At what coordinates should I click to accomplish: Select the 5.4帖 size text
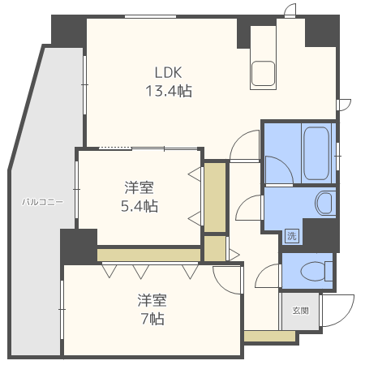139,206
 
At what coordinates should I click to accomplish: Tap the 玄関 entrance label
300,311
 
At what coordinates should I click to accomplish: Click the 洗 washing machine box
291,236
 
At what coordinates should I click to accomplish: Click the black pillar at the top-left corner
68,29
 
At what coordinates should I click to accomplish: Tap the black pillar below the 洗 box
320,234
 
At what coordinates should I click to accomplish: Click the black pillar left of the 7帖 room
79,246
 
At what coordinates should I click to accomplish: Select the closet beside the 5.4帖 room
214,197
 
